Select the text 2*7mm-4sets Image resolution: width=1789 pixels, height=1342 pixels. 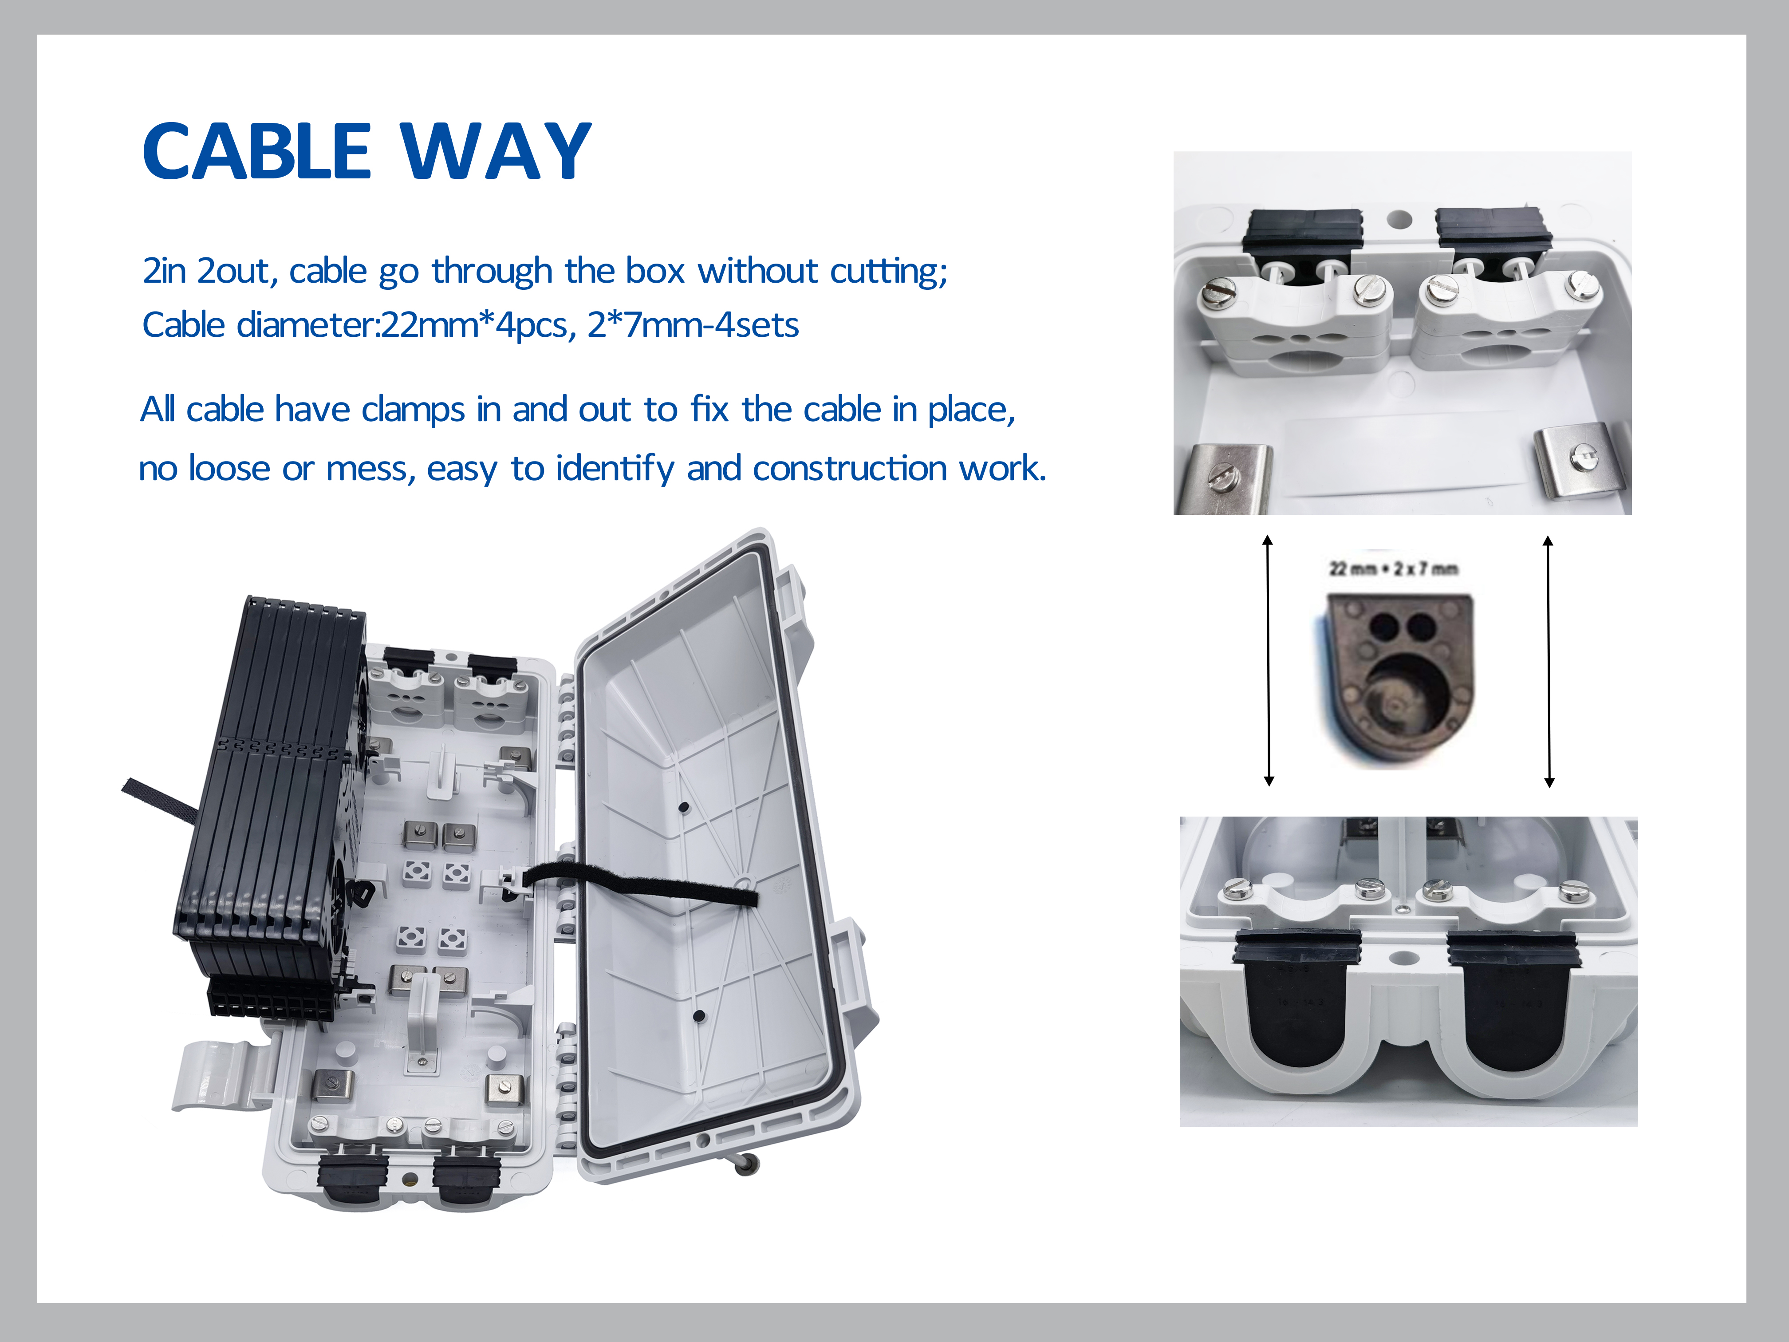coord(693,325)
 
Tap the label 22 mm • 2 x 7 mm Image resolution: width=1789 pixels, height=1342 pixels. coord(1394,568)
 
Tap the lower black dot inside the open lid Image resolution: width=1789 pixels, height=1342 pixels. coord(699,1016)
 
